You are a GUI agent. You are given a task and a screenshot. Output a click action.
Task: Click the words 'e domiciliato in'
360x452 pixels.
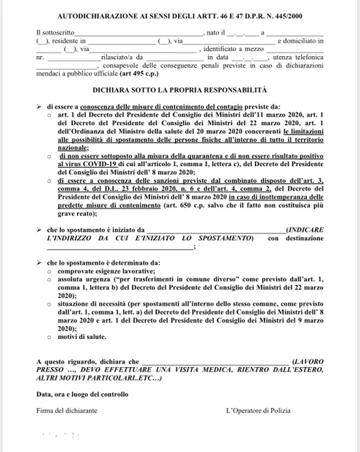300,42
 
